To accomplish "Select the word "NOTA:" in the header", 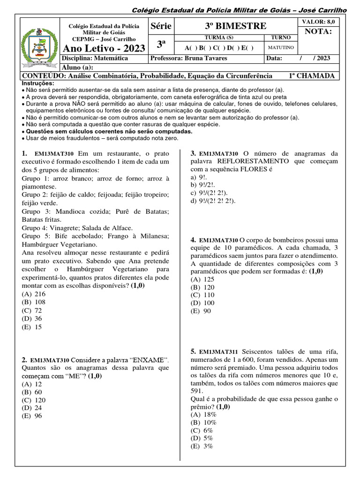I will tap(318, 31).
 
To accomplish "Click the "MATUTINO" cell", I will tap(281, 47).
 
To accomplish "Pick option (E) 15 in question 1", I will tap(31, 327).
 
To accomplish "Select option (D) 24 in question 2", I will tap(31, 407).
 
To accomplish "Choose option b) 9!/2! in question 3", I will tap(202, 185).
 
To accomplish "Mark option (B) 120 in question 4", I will tap(202, 286).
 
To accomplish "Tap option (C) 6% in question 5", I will tap(202, 430).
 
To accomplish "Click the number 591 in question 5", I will tap(197, 390).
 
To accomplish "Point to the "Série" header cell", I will tap(160, 25).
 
